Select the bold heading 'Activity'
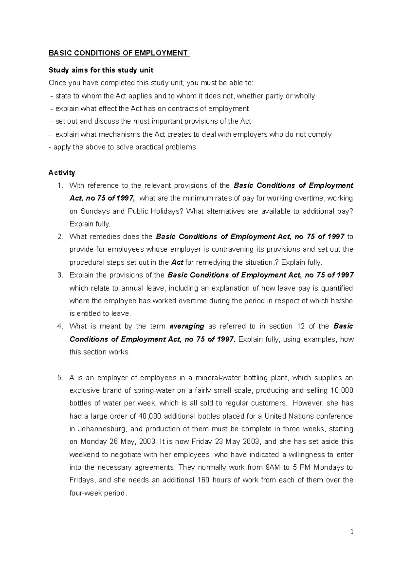click(x=62, y=173)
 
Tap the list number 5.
click(x=60, y=378)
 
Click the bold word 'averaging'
click(x=187, y=326)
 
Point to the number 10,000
click(x=342, y=391)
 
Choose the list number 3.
click(x=60, y=275)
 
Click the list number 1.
click(x=60, y=186)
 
